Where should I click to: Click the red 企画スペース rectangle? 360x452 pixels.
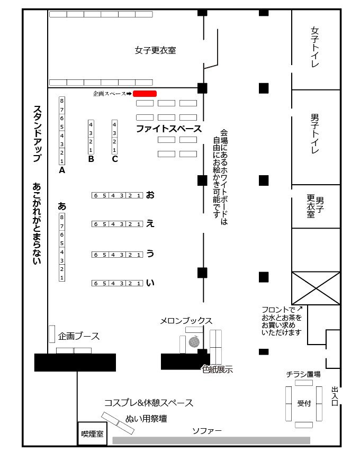point(145,93)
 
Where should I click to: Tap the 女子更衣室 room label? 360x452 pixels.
point(155,51)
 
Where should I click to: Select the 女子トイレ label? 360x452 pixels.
point(315,47)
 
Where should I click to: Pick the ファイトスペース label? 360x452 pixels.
point(169,129)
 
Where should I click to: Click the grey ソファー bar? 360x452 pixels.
point(211,440)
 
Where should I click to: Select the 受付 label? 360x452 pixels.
point(304,403)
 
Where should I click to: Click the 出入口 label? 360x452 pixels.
point(335,395)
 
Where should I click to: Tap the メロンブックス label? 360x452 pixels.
point(186,321)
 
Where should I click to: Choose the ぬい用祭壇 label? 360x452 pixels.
point(146,419)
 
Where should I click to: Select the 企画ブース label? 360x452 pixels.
point(79,336)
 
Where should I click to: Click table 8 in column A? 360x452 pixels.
point(62,101)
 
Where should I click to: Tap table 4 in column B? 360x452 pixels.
point(91,124)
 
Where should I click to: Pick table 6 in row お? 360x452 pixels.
point(96,196)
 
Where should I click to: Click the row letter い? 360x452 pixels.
point(150,283)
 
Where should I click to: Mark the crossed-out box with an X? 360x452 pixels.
point(316,288)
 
